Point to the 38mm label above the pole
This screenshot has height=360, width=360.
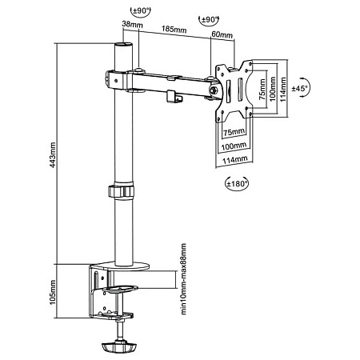tap(131, 25)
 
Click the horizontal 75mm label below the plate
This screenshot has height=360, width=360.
tap(233, 131)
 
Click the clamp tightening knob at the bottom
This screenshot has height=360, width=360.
tap(120, 347)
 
